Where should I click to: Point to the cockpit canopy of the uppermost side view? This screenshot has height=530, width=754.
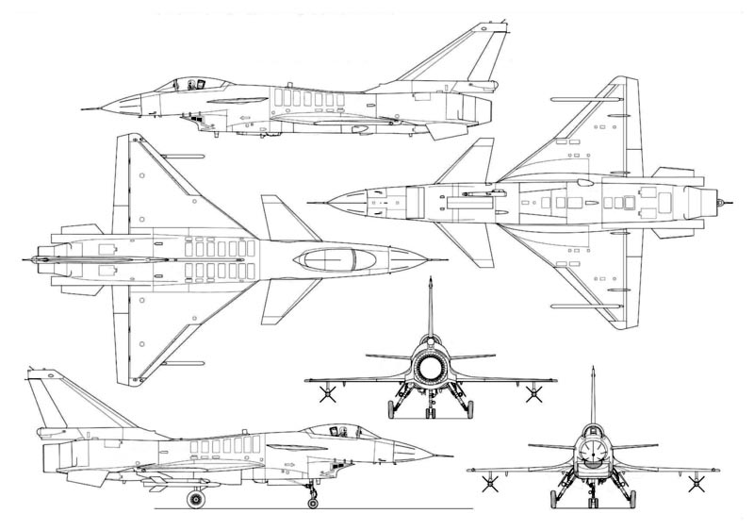click(x=193, y=84)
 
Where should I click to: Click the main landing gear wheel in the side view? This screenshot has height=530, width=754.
click(x=197, y=496)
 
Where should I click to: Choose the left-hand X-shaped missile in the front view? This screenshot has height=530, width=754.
click(x=489, y=483)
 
